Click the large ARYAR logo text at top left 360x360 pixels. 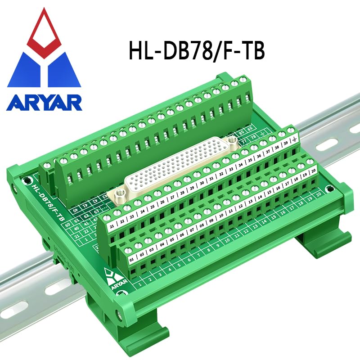(x=44, y=102)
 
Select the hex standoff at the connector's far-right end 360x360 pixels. (x=232, y=141)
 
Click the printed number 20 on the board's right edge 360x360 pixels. (x=318, y=194)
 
